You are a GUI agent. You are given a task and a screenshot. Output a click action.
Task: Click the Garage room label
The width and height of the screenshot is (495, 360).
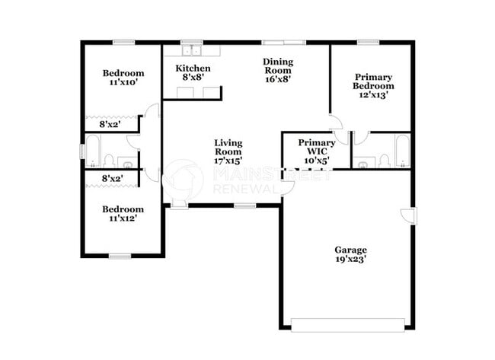350,250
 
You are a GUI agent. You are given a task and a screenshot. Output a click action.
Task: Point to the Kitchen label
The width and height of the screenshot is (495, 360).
193,69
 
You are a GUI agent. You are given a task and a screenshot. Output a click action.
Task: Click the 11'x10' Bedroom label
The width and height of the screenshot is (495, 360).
123,74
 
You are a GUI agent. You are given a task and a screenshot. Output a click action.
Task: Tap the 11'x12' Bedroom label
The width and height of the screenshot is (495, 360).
123,209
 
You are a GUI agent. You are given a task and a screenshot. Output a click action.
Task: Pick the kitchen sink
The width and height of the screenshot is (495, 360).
190,51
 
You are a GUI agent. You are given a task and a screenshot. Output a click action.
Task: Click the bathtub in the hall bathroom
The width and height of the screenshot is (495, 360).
94,151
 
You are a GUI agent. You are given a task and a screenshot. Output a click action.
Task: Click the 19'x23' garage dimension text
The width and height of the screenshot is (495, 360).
350,260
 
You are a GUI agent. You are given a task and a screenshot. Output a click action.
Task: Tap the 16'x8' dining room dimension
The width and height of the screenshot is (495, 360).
278,78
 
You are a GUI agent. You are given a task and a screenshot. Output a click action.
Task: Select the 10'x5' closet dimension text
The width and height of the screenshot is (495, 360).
317,161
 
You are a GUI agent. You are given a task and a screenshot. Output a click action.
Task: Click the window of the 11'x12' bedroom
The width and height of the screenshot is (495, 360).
120,255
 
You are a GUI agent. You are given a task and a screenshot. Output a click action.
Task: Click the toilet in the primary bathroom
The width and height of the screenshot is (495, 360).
383,160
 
